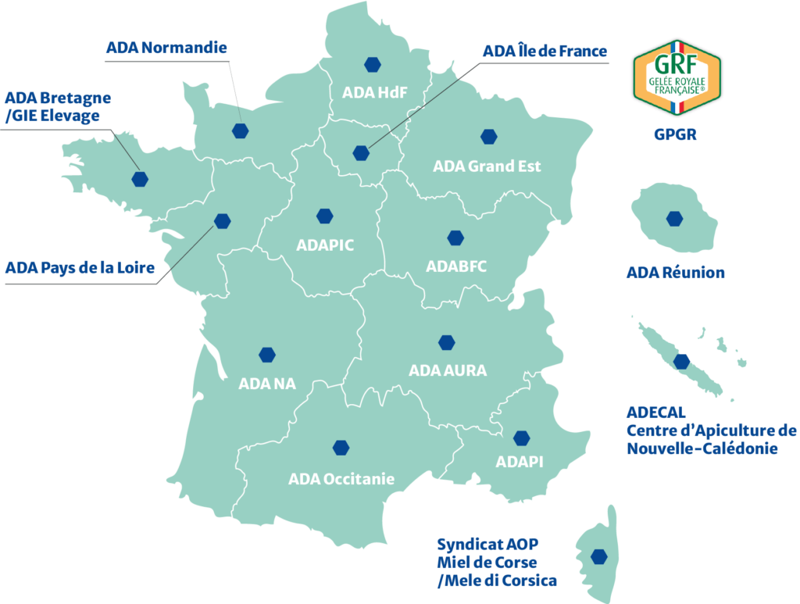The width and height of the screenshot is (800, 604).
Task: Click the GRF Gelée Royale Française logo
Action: tap(677, 77)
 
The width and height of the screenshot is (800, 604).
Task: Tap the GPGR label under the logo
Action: tap(675, 134)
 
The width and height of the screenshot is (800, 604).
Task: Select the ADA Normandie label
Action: tap(166, 48)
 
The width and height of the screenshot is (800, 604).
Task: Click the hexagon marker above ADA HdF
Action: tap(370, 65)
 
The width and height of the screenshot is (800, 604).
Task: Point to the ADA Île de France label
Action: tap(545, 52)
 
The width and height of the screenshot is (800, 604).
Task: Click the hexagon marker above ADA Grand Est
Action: tap(488, 137)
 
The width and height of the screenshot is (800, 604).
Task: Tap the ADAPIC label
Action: tap(325, 245)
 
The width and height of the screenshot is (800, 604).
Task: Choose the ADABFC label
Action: tap(456, 266)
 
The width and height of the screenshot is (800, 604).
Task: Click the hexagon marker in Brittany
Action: tap(140, 179)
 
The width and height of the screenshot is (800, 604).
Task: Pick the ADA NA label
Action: tap(267, 384)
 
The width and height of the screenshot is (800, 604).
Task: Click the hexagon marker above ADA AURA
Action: tap(447, 342)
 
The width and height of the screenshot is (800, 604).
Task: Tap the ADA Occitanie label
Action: tap(341, 478)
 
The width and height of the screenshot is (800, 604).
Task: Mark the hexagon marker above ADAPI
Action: tap(521, 438)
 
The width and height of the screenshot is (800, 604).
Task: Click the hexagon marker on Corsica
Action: tap(599, 556)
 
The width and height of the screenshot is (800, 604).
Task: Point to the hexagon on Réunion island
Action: tap(674, 219)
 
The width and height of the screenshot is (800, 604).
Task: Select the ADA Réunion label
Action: tap(675, 273)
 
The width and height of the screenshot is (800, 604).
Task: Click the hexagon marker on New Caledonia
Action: tap(682, 361)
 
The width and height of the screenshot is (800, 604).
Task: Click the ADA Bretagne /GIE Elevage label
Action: tap(58, 107)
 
